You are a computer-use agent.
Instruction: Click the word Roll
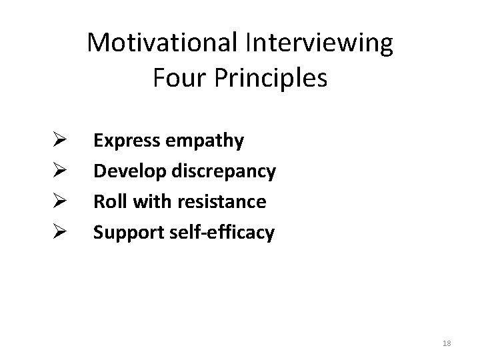pos(106,201)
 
